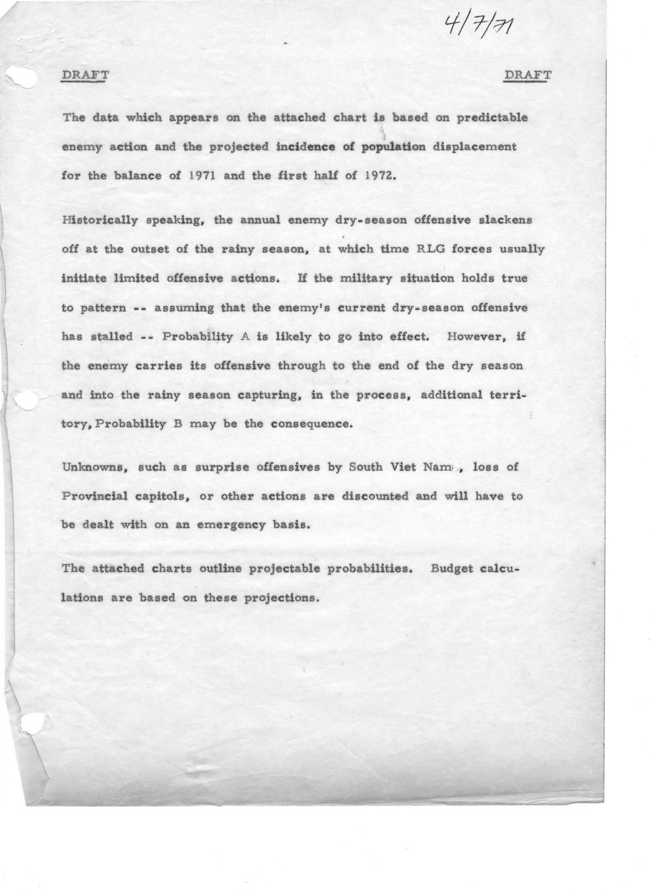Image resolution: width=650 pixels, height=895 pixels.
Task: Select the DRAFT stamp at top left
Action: tap(85, 75)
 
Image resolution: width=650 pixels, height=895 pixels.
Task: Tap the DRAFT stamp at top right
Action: tap(528, 75)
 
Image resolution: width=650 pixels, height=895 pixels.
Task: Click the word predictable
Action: tap(493, 118)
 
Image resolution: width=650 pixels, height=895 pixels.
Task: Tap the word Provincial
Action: tap(97, 497)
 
